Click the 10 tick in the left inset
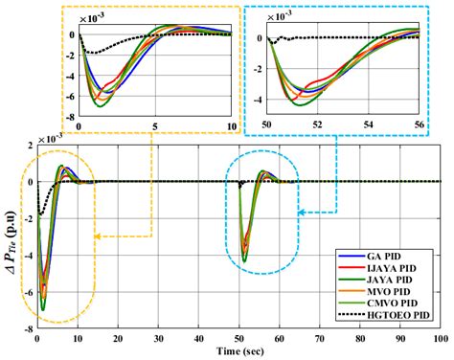point(230,126)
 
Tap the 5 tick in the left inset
point(155,126)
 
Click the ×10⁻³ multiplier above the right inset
point(285,17)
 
